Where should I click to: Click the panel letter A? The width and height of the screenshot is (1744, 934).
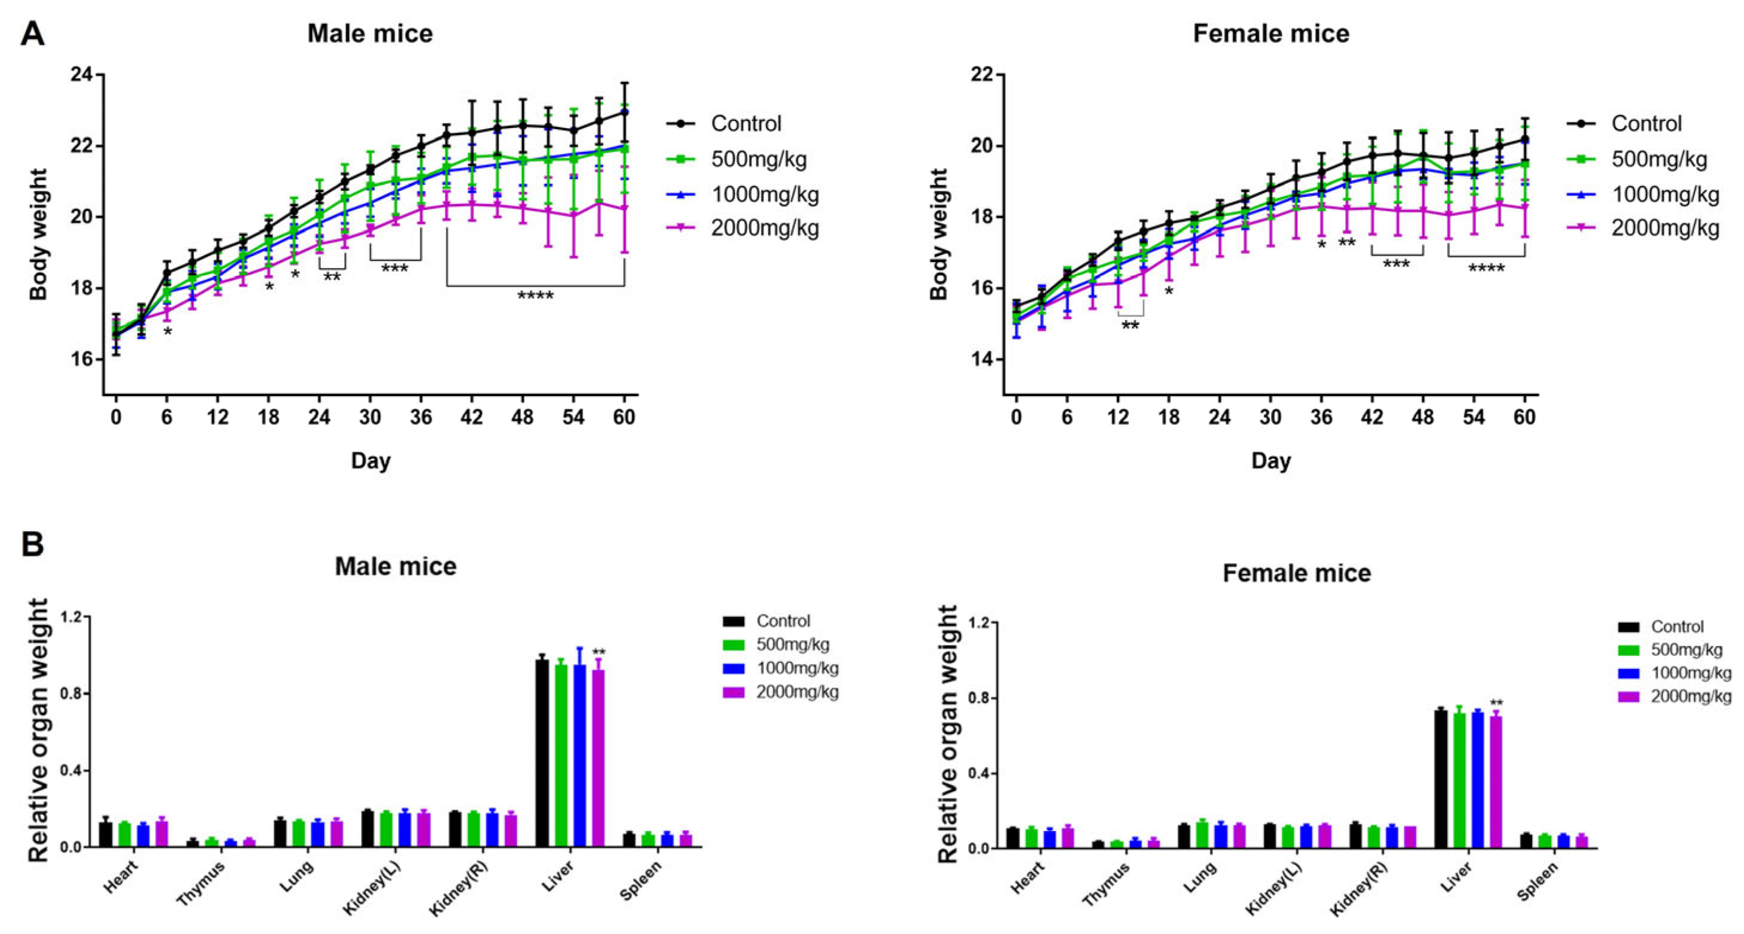[32, 33]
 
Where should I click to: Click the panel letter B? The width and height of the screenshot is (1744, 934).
[32, 544]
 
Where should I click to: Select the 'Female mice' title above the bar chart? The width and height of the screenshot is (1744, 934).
[1297, 573]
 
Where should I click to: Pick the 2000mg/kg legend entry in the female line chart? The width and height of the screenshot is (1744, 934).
[1643, 227]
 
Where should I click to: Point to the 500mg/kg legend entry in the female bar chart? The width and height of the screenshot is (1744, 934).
[1670, 650]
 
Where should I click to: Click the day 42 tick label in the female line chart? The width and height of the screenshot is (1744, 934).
[1372, 417]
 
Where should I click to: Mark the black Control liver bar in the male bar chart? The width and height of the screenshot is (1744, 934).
[542, 753]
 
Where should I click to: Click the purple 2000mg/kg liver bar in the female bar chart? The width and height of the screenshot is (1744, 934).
[1496, 781]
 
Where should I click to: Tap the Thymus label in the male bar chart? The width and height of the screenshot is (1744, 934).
[201, 884]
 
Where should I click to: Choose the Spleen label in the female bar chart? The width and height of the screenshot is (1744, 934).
[1537, 882]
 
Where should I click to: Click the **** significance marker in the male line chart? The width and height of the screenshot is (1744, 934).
[535, 296]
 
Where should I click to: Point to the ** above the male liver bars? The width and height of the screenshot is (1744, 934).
[599, 652]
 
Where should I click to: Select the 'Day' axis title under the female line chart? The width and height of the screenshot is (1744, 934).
[1271, 461]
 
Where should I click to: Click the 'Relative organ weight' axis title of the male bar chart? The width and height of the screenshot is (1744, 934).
[38, 731]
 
